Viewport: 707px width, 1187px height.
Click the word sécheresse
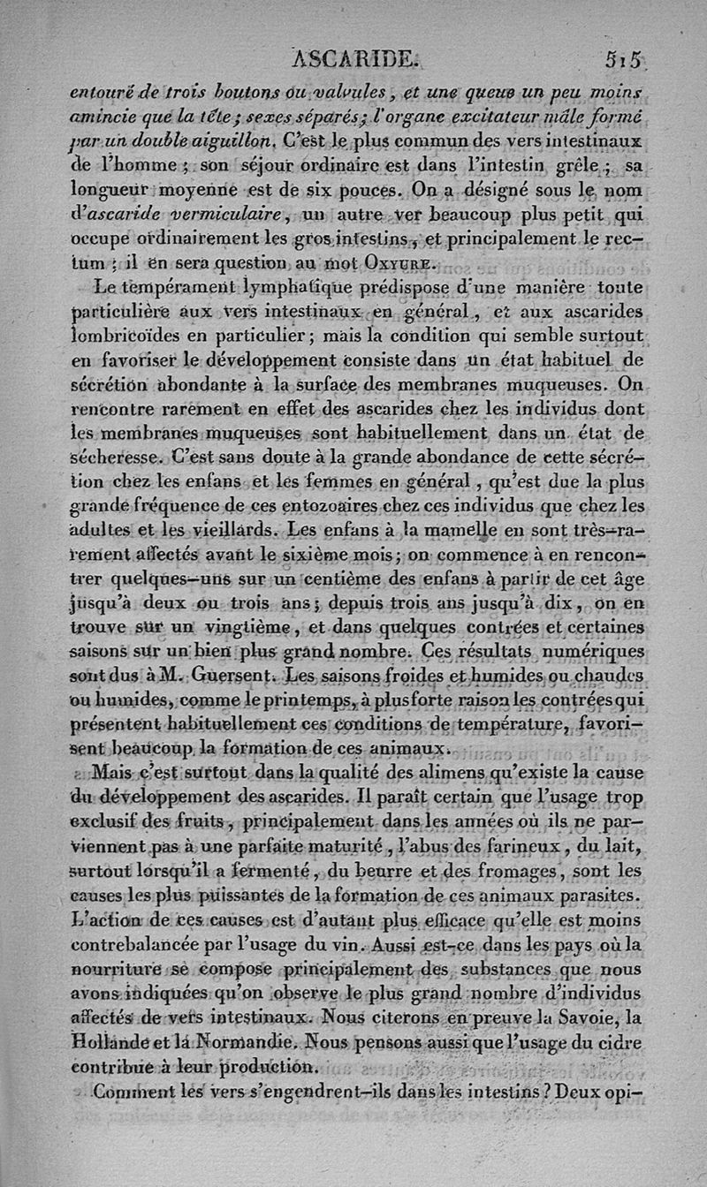(115, 458)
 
